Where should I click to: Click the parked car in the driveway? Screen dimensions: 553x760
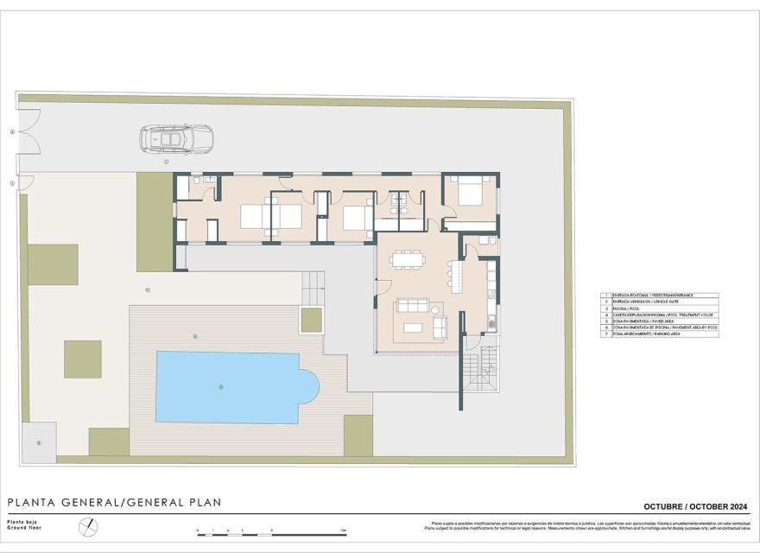pos(176,138)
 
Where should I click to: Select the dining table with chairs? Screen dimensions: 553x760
pos(404,260)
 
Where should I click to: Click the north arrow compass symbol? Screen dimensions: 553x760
pos(86,525)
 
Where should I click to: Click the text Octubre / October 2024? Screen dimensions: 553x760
pos(695,506)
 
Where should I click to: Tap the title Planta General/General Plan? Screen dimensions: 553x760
pos(115,502)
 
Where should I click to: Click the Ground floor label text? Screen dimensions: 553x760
pos(22,527)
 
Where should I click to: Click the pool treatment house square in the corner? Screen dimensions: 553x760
pos(39,441)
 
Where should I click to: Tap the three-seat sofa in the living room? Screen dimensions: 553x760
pos(413,305)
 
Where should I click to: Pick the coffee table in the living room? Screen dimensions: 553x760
pos(414,327)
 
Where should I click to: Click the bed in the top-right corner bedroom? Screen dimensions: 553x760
pos(472,191)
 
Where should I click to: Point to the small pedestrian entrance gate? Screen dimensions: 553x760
pos(25,182)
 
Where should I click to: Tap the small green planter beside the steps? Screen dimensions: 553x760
pos(311,320)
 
